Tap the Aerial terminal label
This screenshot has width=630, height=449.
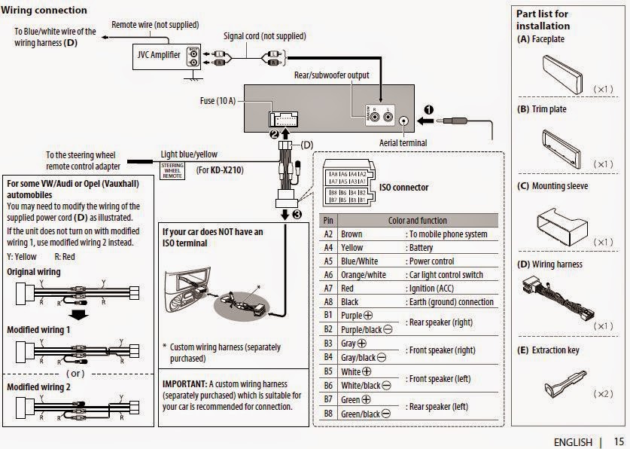(x=403, y=143)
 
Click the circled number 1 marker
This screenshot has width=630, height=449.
(x=428, y=109)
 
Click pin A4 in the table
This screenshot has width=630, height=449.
(x=328, y=247)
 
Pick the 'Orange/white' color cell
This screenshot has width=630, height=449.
(x=364, y=275)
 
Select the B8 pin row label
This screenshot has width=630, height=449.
(x=328, y=414)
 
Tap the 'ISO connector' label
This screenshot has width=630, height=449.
(x=403, y=188)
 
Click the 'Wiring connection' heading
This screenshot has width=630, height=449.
(x=44, y=11)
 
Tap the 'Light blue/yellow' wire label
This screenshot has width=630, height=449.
(x=189, y=154)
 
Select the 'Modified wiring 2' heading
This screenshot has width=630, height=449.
(x=38, y=386)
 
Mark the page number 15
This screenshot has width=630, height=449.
(x=619, y=441)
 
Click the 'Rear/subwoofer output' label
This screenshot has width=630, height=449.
(x=331, y=75)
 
